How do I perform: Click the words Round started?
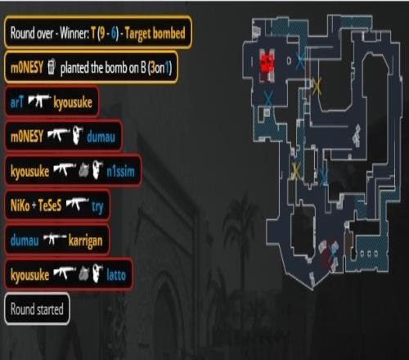pos(37,309)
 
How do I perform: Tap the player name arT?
pos(17,102)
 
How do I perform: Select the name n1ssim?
pos(120,172)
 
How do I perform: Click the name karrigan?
pos(85,241)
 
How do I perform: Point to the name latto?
pos(116,275)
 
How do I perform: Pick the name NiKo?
pos(20,205)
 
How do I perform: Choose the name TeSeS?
pos(50,205)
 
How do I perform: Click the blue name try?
pos(97,207)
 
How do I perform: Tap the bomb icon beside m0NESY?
pos(52,66)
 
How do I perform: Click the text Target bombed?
pos(155,34)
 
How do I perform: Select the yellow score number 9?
pos(102,34)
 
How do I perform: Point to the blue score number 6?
pos(114,34)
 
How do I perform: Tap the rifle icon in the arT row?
pos(40,101)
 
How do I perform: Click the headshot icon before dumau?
pos(78,135)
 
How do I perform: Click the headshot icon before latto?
pos(97,272)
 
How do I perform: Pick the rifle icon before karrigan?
pos(55,238)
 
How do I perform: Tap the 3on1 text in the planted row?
pos(160,67)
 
